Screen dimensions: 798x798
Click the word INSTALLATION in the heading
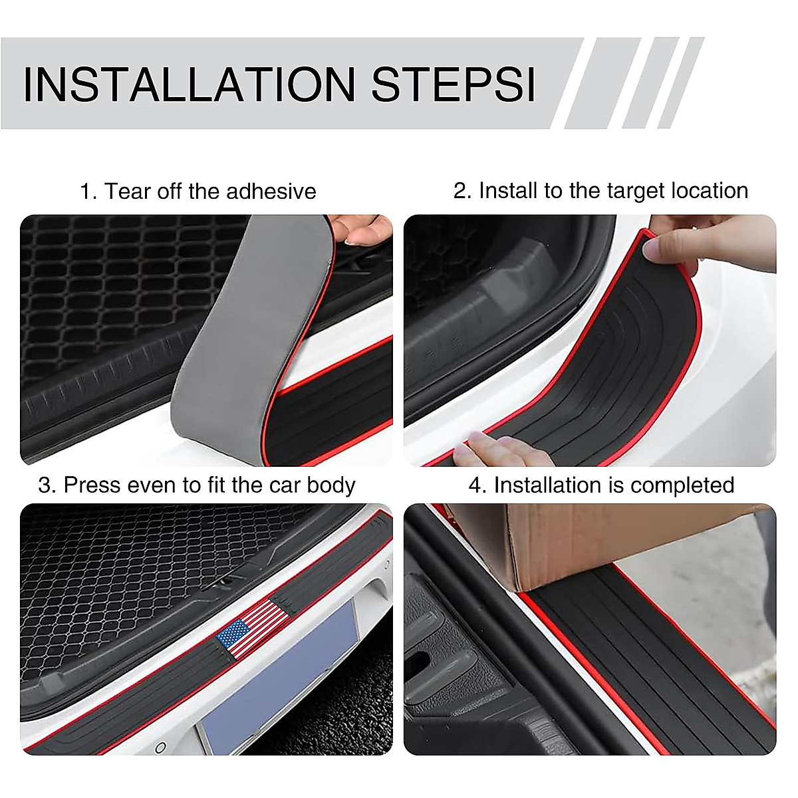point(190,84)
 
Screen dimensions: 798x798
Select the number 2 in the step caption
point(461,191)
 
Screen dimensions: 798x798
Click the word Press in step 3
point(91,485)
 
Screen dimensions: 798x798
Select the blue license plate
point(279,685)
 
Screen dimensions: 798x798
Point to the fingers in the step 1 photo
point(362,229)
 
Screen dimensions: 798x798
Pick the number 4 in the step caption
point(477,485)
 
